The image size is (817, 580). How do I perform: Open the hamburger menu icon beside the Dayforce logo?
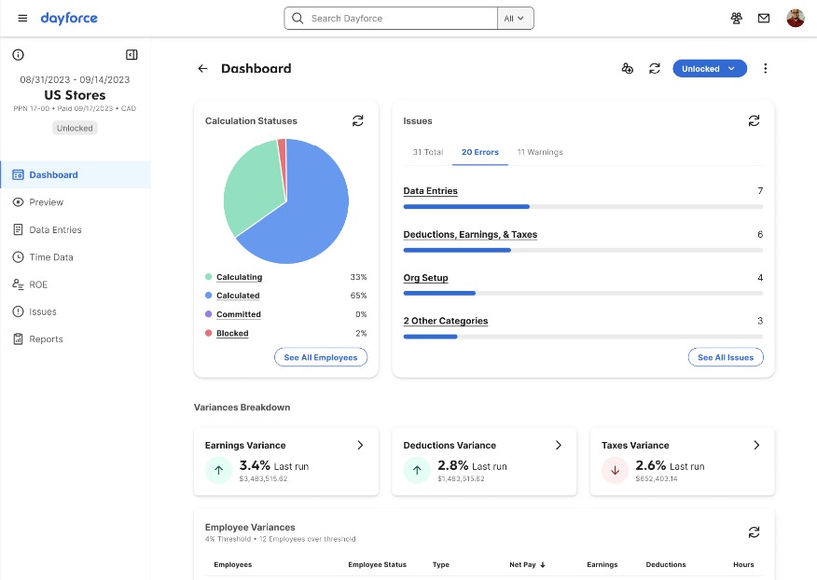pyautogui.click(x=22, y=19)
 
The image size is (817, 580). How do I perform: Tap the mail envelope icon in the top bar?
pyautogui.click(x=764, y=19)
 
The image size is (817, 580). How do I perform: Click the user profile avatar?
pyautogui.click(x=795, y=19)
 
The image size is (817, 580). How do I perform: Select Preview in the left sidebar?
pyautogui.click(x=46, y=202)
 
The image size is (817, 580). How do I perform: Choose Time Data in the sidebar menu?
pyautogui.click(x=50, y=257)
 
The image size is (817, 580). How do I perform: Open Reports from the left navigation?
pyautogui.click(x=46, y=339)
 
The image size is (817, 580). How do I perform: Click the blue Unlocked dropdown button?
pyautogui.click(x=709, y=69)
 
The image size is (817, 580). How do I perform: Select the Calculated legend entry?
pyautogui.click(x=238, y=296)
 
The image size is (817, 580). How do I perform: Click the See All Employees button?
pyautogui.click(x=321, y=357)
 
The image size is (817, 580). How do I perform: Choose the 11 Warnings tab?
pyautogui.click(x=540, y=152)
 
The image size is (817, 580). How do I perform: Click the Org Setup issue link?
pyautogui.click(x=425, y=278)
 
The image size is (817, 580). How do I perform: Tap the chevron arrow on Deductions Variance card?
pyautogui.click(x=559, y=446)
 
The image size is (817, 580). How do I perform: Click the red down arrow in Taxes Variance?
pyautogui.click(x=615, y=471)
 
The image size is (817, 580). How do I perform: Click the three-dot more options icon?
pyautogui.click(x=766, y=69)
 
